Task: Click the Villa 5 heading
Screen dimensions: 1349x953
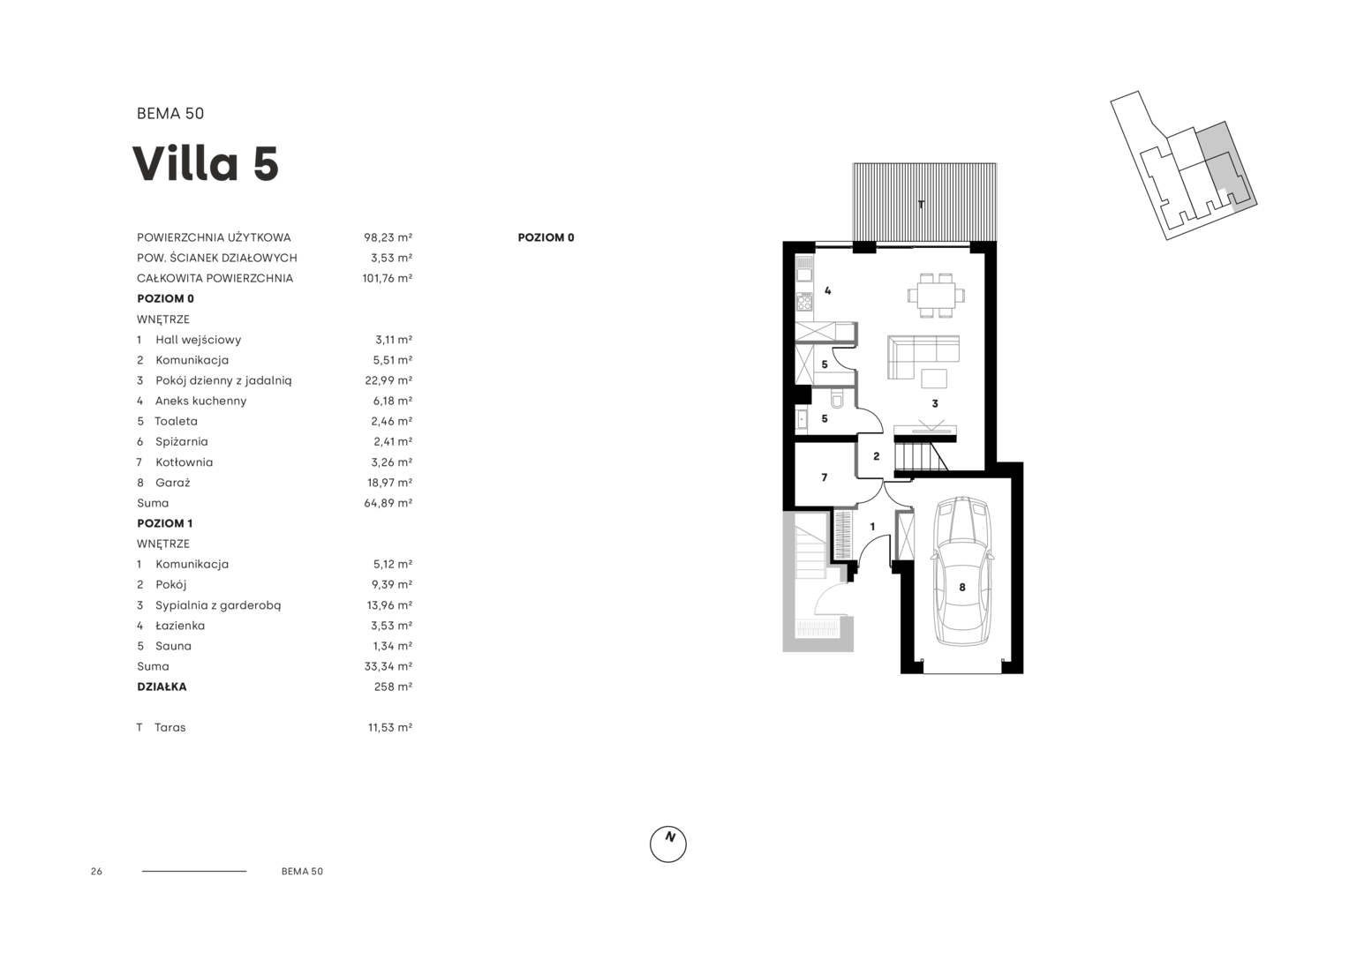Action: [206, 163]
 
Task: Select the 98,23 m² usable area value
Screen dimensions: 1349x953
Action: [388, 237]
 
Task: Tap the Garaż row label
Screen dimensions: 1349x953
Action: [172, 483]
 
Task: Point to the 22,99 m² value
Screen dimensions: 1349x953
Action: [388, 380]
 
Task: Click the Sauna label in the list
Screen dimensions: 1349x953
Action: [173, 646]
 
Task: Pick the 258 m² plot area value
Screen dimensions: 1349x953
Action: [393, 687]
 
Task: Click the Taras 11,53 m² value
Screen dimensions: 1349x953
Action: [389, 728]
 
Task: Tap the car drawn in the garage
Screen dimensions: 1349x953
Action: [961, 573]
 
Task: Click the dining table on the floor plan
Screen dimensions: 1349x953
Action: [936, 296]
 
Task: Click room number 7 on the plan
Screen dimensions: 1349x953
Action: [824, 477]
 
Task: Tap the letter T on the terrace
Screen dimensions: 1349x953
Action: [921, 205]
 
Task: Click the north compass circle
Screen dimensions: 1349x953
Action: [667, 844]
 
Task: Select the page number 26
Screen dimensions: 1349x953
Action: [96, 871]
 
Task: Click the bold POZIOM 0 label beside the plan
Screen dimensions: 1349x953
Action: [546, 237]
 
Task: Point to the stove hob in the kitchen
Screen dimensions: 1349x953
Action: [804, 301]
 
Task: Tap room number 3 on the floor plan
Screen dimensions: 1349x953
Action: [935, 404]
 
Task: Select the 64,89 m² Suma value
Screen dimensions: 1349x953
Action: [388, 503]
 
